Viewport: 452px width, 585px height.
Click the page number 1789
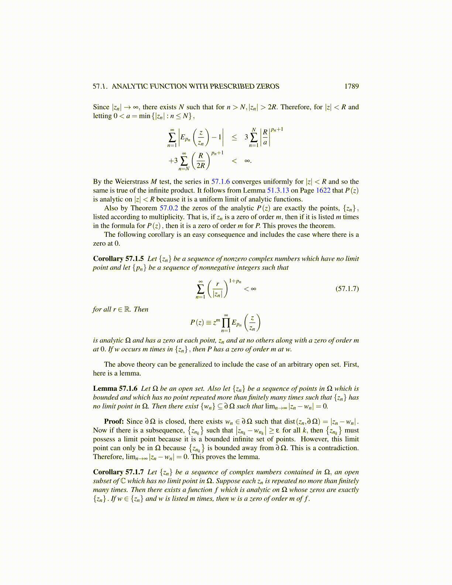point(351,86)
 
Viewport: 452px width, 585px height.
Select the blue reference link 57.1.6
point(220,182)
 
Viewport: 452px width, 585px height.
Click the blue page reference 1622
point(323,191)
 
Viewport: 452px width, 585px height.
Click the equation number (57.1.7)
point(347,288)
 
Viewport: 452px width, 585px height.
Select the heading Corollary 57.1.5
point(118,259)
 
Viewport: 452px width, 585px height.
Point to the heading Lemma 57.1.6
point(115,389)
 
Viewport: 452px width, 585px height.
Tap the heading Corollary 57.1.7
point(118,472)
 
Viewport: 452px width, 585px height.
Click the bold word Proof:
point(113,421)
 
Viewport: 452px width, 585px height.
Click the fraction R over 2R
point(201,161)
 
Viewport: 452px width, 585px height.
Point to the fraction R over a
point(265,137)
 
